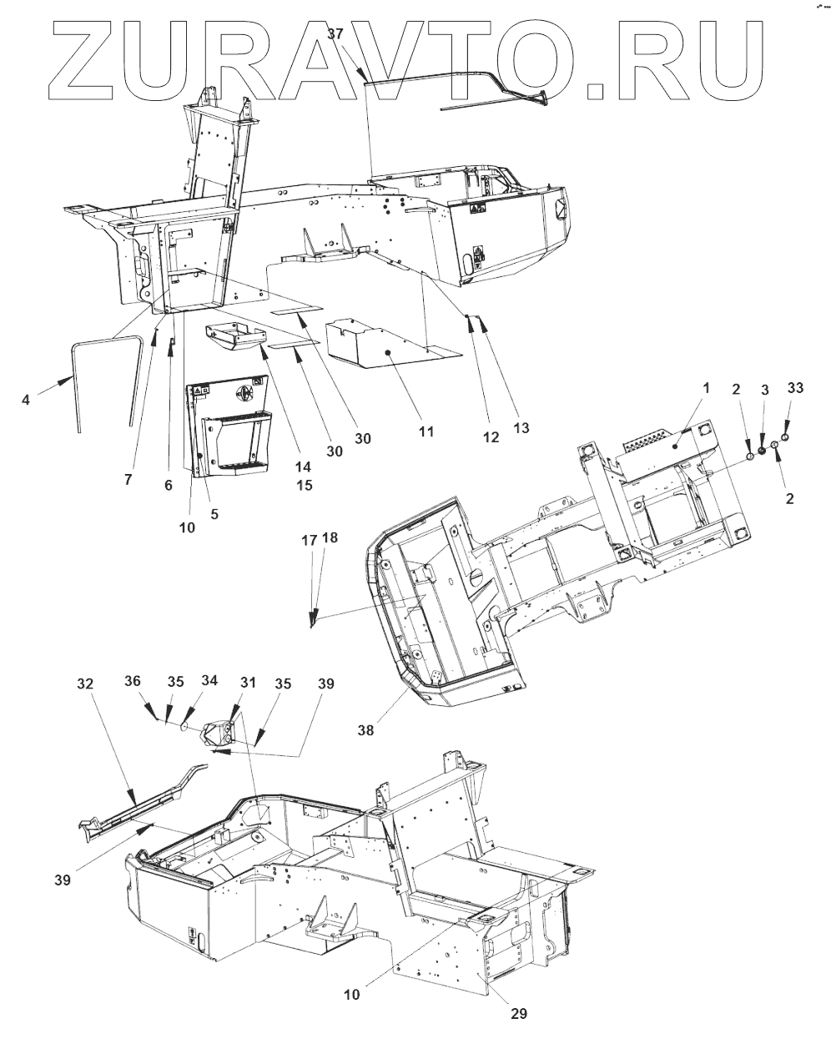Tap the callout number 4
[26, 400]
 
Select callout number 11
[426, 431]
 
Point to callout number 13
[521, 428]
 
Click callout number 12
[490, 436]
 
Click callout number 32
[84, 683]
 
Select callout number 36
[133, 681]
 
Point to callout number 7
[128, 480]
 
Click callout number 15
[304, 485]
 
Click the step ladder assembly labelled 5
[231, 430]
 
